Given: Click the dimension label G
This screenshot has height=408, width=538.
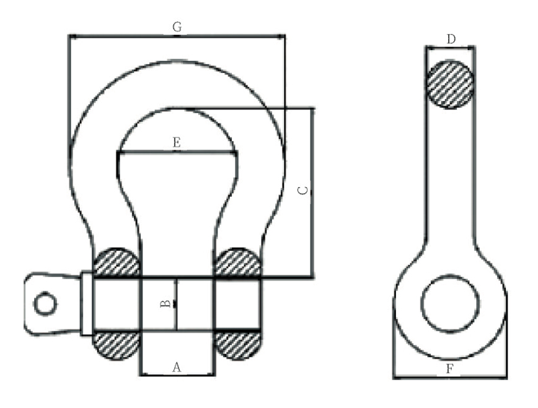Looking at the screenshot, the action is coord(177,27).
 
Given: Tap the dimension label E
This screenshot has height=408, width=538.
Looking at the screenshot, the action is coord(177,142).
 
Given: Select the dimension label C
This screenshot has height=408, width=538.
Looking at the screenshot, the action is coord(303,191).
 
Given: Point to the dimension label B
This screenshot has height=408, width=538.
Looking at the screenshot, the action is coord(165,303).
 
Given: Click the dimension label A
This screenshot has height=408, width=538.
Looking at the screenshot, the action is coord(177,367).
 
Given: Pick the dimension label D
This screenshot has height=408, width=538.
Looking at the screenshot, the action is coord(451,39).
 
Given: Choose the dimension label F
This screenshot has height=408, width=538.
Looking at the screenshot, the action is coord(449,369).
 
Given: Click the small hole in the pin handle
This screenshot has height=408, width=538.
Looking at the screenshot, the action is coord(45,304).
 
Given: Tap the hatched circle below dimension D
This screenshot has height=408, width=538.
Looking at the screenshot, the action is coord(450,84).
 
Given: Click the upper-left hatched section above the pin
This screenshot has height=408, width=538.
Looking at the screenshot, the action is coord(117,263).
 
